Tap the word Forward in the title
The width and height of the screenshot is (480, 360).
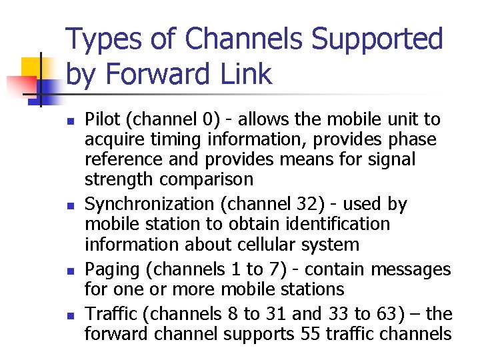click(x=155, y=73)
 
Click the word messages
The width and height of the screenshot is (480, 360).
click(x=411, y=270)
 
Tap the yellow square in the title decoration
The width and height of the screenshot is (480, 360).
click(x=34, y=68)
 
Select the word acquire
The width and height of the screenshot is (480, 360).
click(x=111, y=141)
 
